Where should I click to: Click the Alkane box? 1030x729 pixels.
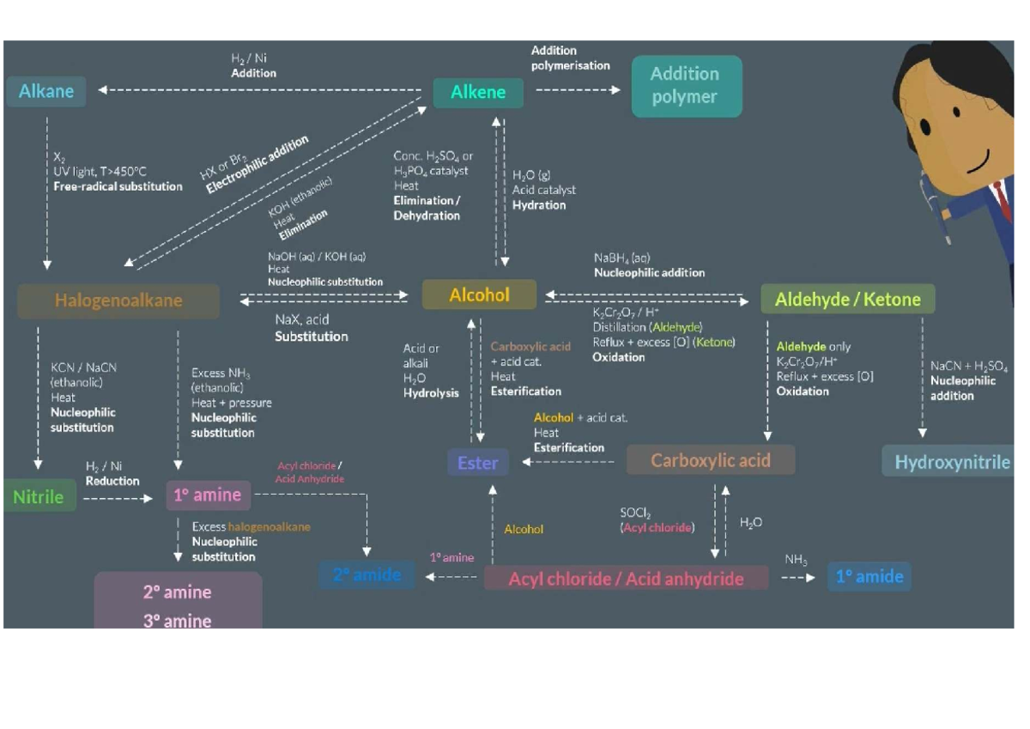pos(46,91)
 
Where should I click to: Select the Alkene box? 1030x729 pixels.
pos(478,92)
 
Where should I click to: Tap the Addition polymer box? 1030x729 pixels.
pos(686,86)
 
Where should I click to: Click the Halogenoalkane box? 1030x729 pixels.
pos(118,301)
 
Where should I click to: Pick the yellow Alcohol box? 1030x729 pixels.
pos(479,295)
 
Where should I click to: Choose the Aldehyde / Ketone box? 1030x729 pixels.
pos(847,299)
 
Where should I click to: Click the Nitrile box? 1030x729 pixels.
pos(39,495)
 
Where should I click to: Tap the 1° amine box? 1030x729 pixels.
pos(208,495)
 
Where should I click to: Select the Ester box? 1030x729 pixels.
pos(478,463)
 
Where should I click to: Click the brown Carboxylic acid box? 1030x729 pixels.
pos(711,460)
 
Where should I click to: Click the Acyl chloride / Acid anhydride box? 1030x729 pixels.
pos(626,578)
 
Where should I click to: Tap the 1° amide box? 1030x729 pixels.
pos(869,576)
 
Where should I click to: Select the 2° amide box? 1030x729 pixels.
pos(367,574)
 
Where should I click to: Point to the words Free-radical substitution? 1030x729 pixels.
pos(118,186)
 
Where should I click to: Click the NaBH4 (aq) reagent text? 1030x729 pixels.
pos(621,258)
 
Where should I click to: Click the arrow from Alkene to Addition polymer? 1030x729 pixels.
pos(577,89)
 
